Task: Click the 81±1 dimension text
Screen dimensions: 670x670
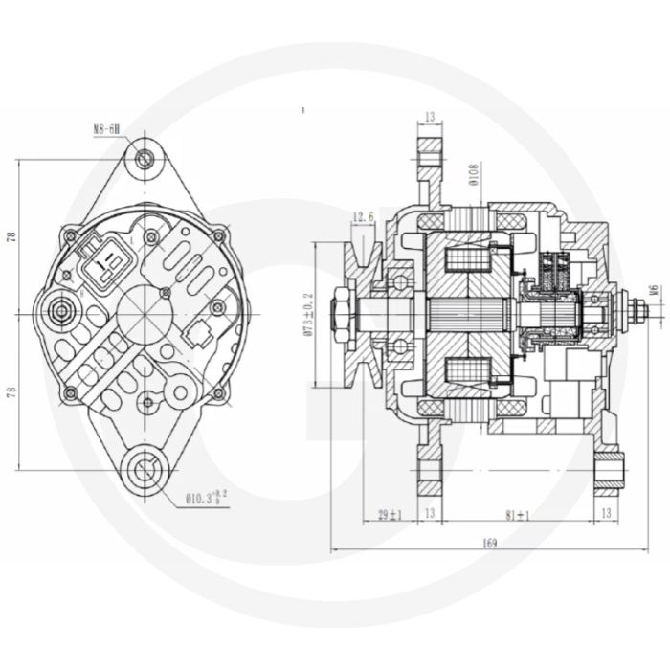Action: pos(519,515)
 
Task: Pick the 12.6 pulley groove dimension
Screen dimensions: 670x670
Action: pos(363,217)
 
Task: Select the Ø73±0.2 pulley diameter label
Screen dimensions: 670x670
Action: pos(308,316)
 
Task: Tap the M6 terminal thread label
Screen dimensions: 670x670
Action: pos(653,290)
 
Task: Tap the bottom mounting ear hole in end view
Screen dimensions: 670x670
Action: pos(145,469)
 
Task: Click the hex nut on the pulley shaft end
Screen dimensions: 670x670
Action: pos(341,314)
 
